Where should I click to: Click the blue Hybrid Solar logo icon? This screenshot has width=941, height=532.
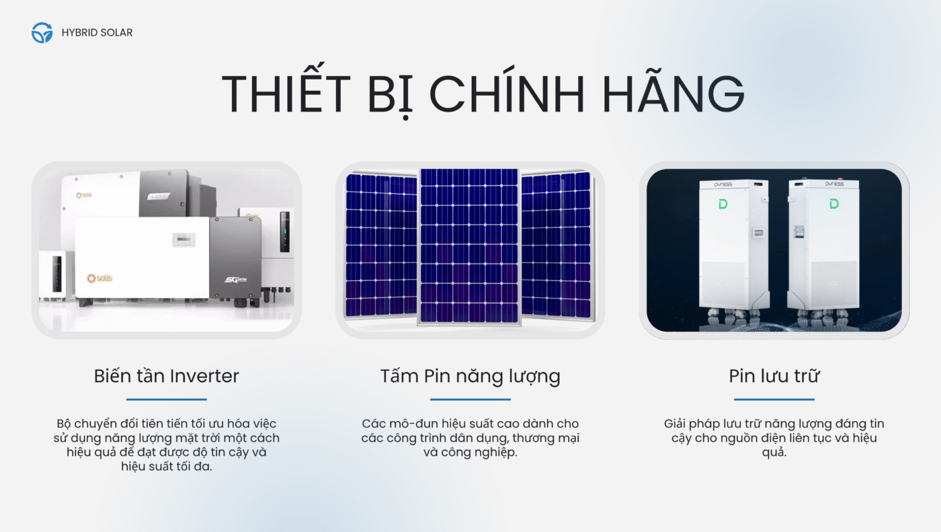click(x=42, y=32)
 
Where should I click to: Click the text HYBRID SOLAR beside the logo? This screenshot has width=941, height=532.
click(x=97, y=33)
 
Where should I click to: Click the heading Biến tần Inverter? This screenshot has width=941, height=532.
click(x=167, y=376)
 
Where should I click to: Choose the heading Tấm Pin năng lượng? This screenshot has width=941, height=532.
click(x=470, y=377)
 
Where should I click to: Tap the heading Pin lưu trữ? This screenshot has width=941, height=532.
click(x=774, y=376)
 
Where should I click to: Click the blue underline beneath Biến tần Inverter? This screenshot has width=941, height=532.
click(x=167, y=400)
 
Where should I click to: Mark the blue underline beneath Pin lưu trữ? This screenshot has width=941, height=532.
click(x=774, y=400)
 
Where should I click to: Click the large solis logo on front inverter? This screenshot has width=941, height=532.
click(x=99, y=278)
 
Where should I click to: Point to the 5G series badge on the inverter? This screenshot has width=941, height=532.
click(x=235, y=279)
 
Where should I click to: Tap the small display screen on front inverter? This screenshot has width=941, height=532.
click(x=183, y=239)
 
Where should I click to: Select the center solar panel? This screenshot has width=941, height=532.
click(x=469, y=247)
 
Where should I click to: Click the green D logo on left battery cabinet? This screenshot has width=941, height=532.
click(x=723, y=204)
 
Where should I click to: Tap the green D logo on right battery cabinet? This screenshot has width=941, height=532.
click(x=834, y=204)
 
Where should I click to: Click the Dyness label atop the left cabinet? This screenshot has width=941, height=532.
click(x=723, y=184)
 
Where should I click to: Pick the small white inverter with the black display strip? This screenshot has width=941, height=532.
click(x=53, y=274)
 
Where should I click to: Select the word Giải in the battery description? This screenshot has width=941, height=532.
click(x=676, y=424)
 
